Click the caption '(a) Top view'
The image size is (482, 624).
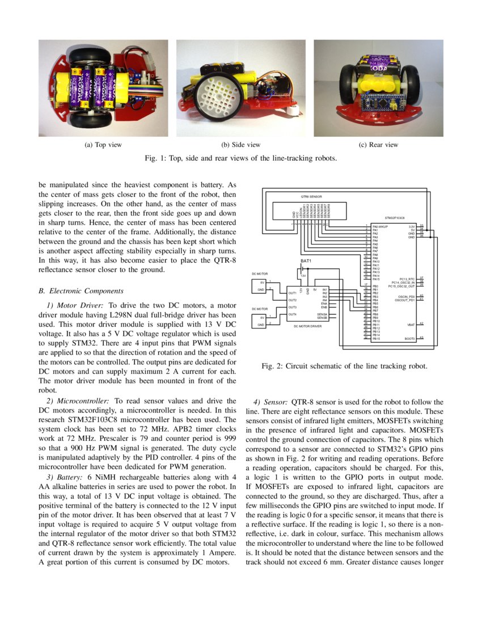(x=103, y=145)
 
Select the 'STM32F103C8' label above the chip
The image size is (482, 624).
(x=395, y=218)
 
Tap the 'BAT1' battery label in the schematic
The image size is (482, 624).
(x=307, y=261)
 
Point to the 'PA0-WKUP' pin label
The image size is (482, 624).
(x=380, y=226)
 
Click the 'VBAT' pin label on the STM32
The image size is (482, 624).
(x=411, y=324)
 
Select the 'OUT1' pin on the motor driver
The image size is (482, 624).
(x=293, y=293)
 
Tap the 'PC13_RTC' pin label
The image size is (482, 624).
(x=407, y=279)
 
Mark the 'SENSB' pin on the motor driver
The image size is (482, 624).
(x=323, y=318)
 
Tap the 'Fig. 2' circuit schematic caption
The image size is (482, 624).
(x=340, y=366)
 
